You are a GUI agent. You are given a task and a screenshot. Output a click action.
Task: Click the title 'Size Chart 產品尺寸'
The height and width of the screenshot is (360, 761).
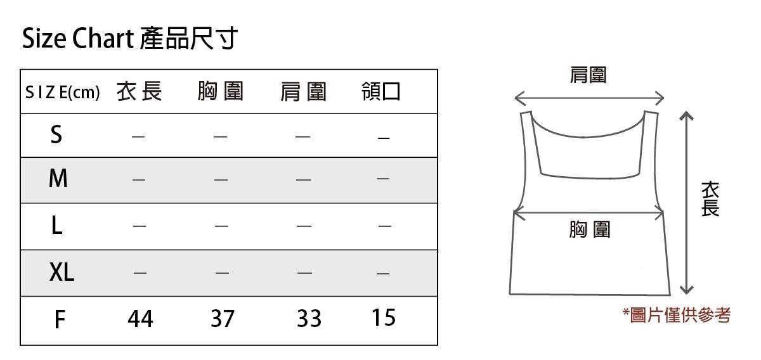coord(129,39)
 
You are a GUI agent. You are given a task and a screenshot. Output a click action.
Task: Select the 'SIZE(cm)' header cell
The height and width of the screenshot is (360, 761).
coord(62,93)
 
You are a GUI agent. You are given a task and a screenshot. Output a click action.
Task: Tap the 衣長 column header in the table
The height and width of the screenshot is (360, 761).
coord(140,92)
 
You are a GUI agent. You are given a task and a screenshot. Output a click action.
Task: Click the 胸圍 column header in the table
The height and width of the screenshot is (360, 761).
coord(221,92)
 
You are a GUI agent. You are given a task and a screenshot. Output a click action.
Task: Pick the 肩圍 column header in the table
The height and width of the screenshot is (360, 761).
coord(303,93)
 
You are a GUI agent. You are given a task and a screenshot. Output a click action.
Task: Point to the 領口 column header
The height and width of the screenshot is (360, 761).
coord(381,92)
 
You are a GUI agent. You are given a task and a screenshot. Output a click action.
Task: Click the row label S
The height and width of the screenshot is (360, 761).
coord(56,134)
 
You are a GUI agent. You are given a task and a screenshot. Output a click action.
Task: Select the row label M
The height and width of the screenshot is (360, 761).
coord(58,179)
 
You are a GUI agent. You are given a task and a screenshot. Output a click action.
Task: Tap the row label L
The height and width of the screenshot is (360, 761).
coord(56,226)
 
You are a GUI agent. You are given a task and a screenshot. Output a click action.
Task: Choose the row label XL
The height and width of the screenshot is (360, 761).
coord(62,273)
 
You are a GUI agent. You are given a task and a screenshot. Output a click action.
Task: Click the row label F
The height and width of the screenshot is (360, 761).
coord(59,319)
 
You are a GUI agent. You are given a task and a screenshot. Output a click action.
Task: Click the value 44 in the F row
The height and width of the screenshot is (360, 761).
coord(140,319)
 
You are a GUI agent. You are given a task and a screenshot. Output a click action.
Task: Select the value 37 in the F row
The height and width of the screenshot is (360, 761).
coord(222,319)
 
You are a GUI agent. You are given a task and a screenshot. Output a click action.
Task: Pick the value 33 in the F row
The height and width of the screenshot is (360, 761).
coord(309,319)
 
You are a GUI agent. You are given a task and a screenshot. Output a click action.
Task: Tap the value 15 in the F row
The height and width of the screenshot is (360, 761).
coord(384,317)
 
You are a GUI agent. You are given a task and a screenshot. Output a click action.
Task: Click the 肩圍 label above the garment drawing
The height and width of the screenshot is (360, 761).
coord(588,75)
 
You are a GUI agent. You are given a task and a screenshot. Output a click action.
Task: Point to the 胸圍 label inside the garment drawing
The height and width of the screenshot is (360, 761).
coord(589,229)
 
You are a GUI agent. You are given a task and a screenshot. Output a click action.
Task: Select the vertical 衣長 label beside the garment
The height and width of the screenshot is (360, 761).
coord(710,199)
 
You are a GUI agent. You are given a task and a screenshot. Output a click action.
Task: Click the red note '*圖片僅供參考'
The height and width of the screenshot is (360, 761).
coord(677,315)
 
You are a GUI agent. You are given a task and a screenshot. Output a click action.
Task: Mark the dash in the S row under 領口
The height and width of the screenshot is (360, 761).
coord(382,137)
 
